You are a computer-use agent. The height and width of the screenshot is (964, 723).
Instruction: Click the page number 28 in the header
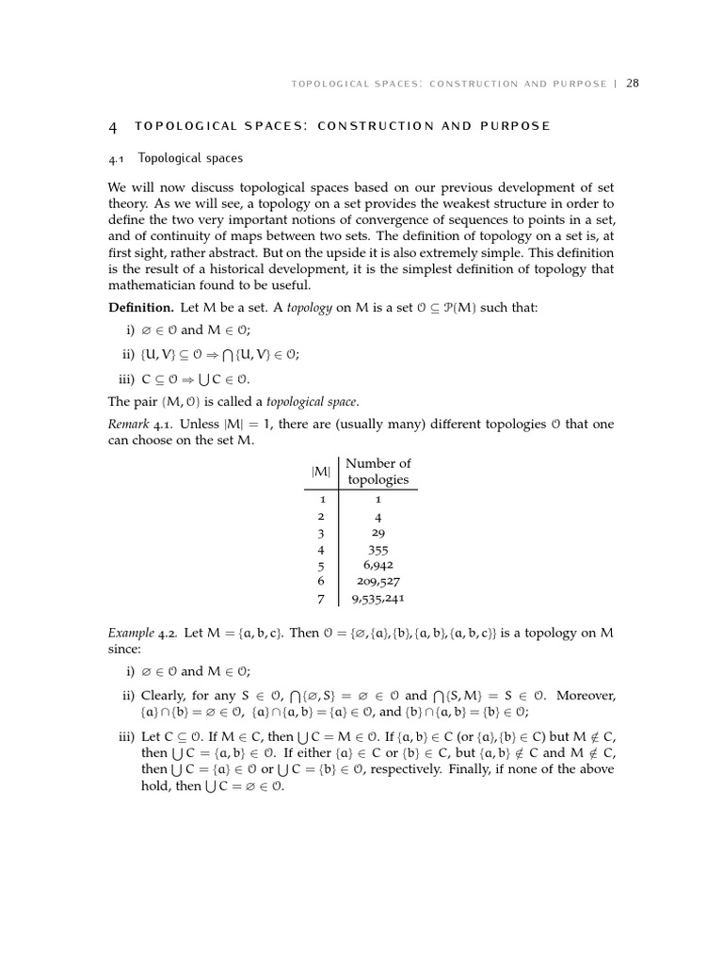(633, 83)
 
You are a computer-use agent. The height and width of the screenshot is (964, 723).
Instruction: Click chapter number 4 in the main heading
(113, 126)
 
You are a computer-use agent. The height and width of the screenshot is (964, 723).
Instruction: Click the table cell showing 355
(378, 550)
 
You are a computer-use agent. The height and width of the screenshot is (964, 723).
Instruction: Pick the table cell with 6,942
(378, 566)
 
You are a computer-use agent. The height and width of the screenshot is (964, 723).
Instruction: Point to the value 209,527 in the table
(378, 582)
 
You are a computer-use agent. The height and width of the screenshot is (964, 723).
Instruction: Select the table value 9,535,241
(378, 598)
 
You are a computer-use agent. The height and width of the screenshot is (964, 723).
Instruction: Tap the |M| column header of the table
(321, 471)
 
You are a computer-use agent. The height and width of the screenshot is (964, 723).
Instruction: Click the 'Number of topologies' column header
(378, 471)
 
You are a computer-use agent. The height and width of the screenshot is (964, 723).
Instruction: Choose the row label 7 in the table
(321, 598)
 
